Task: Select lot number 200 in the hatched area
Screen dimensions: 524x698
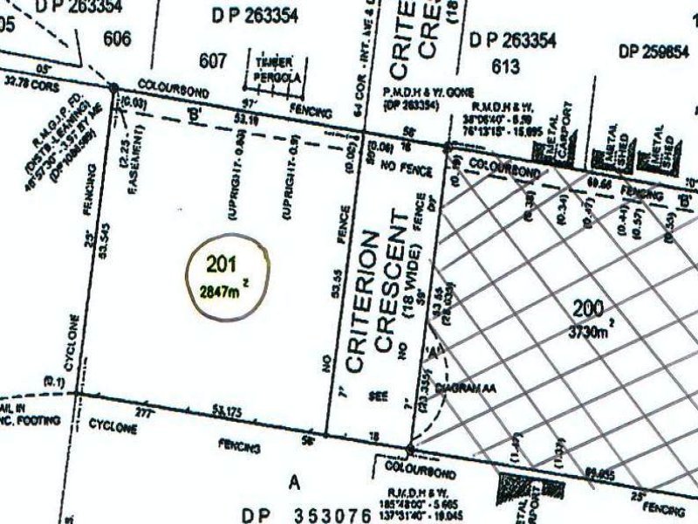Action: click(590, 307)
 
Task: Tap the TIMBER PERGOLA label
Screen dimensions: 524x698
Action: click(279, 69)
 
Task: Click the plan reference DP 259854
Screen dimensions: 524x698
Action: click(654, 52)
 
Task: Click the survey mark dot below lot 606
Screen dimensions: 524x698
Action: click(114, 86)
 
